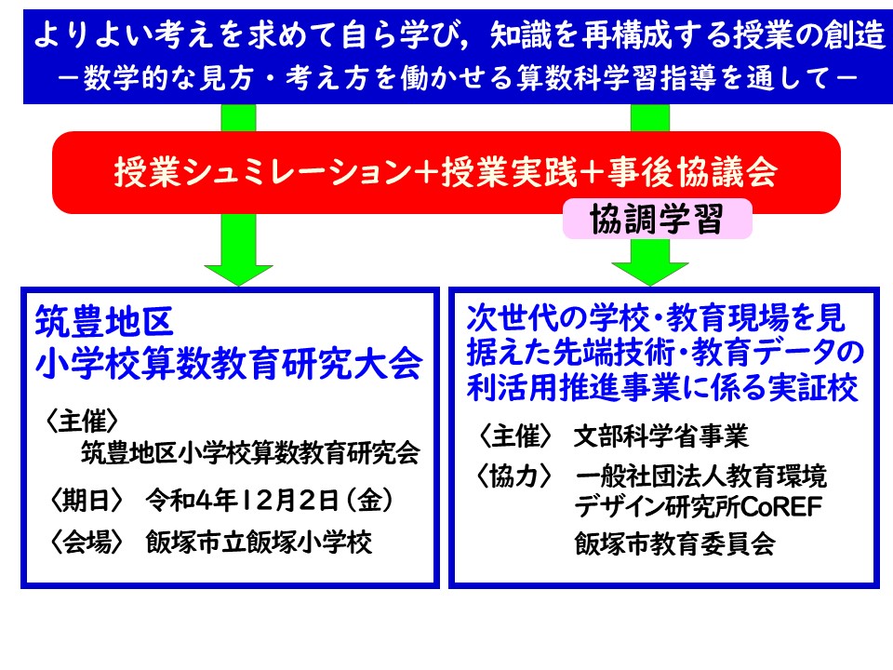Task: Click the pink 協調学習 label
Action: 658,219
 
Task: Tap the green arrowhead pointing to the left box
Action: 239,275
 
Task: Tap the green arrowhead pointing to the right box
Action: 650,274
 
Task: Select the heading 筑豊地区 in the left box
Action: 104,322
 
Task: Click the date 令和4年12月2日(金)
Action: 270,501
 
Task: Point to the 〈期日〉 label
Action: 86,501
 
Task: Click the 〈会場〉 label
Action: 86,542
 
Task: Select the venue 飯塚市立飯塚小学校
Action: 260,542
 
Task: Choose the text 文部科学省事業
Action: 661,436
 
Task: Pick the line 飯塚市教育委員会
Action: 675,543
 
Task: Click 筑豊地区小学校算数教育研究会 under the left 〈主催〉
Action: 250,453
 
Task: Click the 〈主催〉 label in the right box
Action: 514,436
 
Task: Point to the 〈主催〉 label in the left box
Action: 82,422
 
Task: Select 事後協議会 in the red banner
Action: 692,171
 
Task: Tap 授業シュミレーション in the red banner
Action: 263,171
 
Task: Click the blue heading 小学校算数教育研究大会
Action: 229,363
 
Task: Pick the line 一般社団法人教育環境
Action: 701,476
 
